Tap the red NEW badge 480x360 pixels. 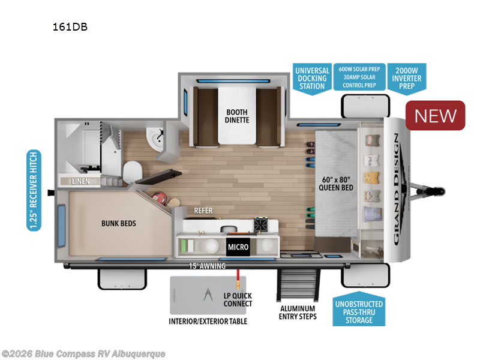click(x=436, y=115)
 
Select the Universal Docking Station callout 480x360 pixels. click(x=311, y=78)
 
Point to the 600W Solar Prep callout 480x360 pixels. click(x=359, y=77)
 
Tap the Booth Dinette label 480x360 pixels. click(x=237, y=115)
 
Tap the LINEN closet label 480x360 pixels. click(x=81, y=181)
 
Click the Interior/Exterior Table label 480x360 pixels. click(x=208, y=321)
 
